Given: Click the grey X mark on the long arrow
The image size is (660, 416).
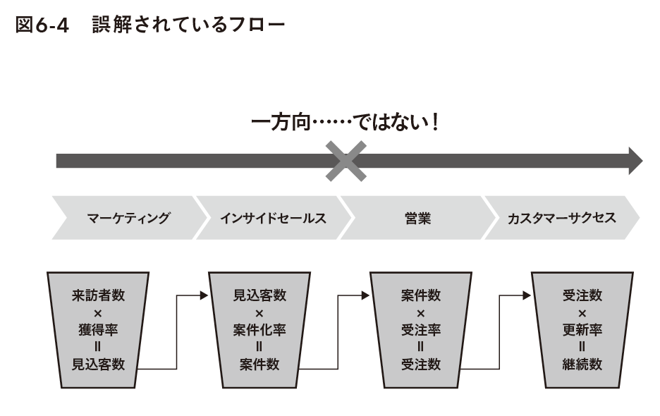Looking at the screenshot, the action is pos(346,161).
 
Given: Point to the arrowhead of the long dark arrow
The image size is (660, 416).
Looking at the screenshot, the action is pos(635,161).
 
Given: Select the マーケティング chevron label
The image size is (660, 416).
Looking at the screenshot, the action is pos(128,218).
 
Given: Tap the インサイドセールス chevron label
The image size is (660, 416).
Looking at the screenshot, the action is pos(273,218).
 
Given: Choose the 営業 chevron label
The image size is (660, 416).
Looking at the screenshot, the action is pos(417,218).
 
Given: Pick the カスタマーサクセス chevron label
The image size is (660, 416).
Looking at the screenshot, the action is pos(562,218).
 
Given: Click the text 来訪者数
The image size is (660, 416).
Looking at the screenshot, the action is pos(98,295).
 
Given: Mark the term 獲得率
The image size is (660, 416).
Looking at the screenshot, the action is pos(98,330).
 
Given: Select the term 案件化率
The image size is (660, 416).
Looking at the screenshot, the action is pos(259,330).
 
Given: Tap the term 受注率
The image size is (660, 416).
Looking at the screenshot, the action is pos(421,330).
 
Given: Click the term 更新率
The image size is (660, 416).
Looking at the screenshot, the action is pos(582,330).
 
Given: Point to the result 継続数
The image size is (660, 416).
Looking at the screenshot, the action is pos(582,365).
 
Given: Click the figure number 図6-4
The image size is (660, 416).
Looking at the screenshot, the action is pos(42,25).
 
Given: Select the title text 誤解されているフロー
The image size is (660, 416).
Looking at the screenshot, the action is pos(188,25).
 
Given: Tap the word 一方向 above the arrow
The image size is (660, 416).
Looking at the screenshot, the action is pos(281,123).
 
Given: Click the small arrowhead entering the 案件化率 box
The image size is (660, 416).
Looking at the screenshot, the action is pos(204,295).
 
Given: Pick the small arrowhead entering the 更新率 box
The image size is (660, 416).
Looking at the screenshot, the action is pos(527,295).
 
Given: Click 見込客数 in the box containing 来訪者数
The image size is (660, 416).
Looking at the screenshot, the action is pos(98,365).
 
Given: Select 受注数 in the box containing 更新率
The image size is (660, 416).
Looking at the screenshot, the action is pos(582,295).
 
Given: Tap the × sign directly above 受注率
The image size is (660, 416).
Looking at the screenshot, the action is pos(421,313).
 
